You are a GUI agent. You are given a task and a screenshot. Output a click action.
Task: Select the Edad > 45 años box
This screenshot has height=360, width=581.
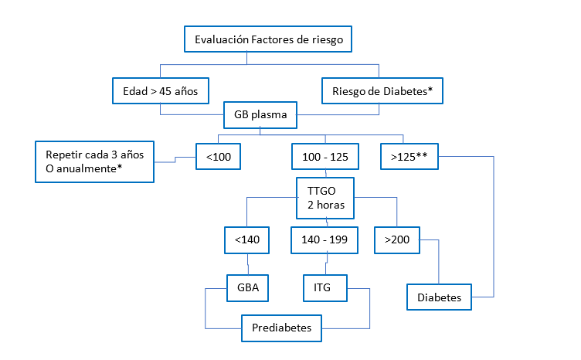click(x=161, y=90)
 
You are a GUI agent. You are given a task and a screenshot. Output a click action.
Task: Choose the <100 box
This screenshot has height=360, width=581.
click(x=218, y=158)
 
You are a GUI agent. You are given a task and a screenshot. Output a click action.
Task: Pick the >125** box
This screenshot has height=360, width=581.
click(x=410, y=158)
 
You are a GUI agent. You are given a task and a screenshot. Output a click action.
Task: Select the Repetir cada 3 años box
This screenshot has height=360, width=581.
click(x=95, y=161)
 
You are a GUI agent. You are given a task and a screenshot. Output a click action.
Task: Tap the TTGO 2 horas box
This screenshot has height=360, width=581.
click(x=324, y=198)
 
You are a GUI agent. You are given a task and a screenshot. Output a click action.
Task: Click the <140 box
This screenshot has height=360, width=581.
click(x=247, y=240)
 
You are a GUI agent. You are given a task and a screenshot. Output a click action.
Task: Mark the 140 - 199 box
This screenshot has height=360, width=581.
click(x=324, y=240)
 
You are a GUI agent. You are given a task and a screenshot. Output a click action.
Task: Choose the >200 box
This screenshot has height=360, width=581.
click(x=396, y=240)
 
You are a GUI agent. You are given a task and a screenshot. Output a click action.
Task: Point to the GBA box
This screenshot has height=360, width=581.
click(x=247, y=287)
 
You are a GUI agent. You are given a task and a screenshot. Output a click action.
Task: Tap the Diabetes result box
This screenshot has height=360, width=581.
click(x=438, y=297)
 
